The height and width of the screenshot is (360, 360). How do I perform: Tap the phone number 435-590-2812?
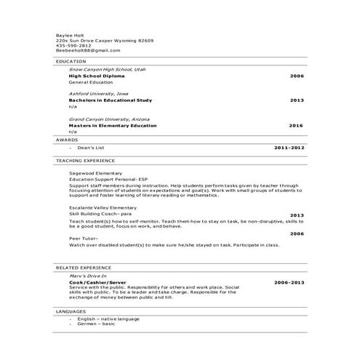tap(73, 45)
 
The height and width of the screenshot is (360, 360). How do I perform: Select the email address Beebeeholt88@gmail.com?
tap(87, 50)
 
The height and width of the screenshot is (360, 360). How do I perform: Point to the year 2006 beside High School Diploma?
tap(296, 76)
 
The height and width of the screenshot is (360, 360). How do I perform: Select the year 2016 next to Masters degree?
tap(296, 125)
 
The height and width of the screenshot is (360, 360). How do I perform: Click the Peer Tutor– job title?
tap(81, 238)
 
